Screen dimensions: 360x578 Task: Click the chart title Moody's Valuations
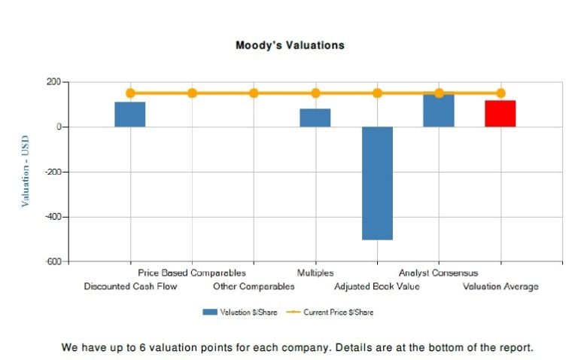[290, 45]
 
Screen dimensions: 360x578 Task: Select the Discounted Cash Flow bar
[130, 114]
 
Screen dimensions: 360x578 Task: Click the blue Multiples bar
[315, 117]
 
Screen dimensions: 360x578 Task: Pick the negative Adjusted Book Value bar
[377, 183]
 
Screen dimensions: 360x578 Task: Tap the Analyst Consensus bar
[439, 110]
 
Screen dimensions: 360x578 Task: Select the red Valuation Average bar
[500, 113]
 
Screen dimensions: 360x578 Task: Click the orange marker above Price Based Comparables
[192, 93]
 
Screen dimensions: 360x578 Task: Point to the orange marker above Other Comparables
[254, 93]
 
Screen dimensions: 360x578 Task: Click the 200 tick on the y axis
[53, 82]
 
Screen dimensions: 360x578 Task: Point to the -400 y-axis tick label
[52, 217]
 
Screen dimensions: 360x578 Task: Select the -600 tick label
[52, 262]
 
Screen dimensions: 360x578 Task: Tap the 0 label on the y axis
[58, 127]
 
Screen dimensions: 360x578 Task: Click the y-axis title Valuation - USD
[26, 171]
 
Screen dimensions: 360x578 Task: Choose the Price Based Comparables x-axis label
[192, 273]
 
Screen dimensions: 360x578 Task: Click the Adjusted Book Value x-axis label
[377, 286]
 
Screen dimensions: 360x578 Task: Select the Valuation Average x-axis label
[500, 286]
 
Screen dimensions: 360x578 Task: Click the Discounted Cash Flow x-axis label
[130, 286]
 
